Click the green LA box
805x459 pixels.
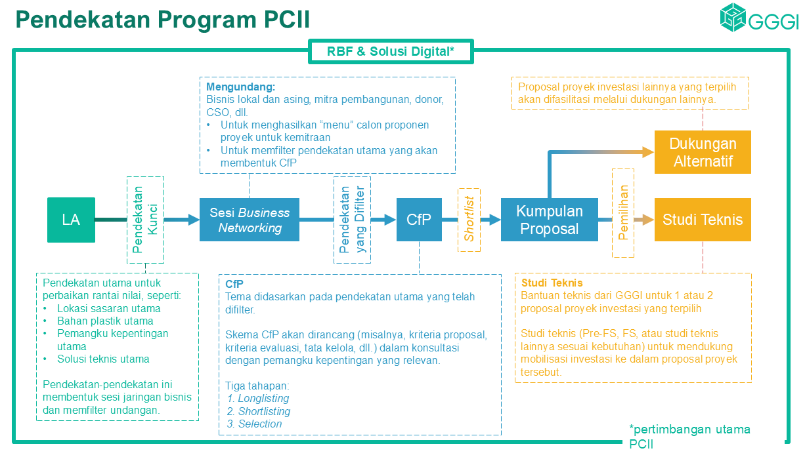pyautogui.click(x=71, y=220)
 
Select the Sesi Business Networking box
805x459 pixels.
pyautogui.click(x=250, y=220)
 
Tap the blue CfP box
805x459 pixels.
pyautogui.click(x=418, y=220)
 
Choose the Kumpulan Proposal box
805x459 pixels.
pyautogui.click(x=549, y=220)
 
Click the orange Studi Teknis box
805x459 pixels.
pyautogui.click(x=703, y=220)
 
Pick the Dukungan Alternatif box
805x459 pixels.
pyautogui.click(x=703, y=152)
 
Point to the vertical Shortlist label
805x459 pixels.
pyautogui.click(x=469, y=220)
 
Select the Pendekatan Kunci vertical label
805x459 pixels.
pyautogui.click(x=145, y=219)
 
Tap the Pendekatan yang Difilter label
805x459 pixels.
pyautogui.click(x=352, y=220)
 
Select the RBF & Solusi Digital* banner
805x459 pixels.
pyautogui.click(x=391, y=51)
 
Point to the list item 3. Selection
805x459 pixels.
pyautogui.click(x=255, y=424)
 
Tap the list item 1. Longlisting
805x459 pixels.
pyautogui.click(x=258, y=398)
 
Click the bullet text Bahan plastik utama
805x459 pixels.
pyautogui.click(x=105, y=321)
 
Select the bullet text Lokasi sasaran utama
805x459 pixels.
pyautogui.click(x=108, y=308)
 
